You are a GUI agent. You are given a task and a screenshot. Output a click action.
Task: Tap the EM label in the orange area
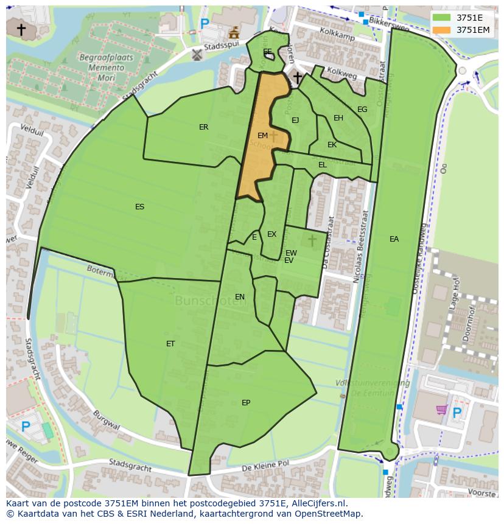pyautogui.click(x=263, y=136)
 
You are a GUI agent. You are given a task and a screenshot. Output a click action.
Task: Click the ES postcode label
pyautogui.click(x=140, y=207)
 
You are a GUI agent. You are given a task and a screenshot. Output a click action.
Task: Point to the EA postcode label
pyautogui.click(x=394, y=239)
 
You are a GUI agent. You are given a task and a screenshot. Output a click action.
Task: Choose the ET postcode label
pyautogui.click(x=170, y=344)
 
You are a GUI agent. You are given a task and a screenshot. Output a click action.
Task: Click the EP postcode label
pyautogui.click(x=246, y=403)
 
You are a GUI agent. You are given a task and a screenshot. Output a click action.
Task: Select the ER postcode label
pyautogui.click(x=204, y=127)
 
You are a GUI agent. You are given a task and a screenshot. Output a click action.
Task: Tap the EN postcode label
pyautogui.click(x=240, y=297)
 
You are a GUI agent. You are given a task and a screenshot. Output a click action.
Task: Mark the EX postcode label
pyautogui.click(x=271, y=234)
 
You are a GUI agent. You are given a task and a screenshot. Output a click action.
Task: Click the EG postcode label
pyautogui.click(x=362, y=110)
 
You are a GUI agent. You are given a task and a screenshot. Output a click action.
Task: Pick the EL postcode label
pyautogui.click(x=323, y=165)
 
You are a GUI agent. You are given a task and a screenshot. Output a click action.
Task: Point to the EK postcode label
pyautogui.click(x=332, y=145)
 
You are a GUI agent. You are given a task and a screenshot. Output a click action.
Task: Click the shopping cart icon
pyautogui.click(x=441, y=411)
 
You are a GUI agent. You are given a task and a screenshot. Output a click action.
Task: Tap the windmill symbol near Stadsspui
pyautogui.click(x=197, y=55)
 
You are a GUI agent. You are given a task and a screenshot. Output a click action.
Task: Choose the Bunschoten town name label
pyautogui.click(x=207, y=301)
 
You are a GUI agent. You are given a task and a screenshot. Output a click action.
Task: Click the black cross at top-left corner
pyautogui.click(x=21, y=29)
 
